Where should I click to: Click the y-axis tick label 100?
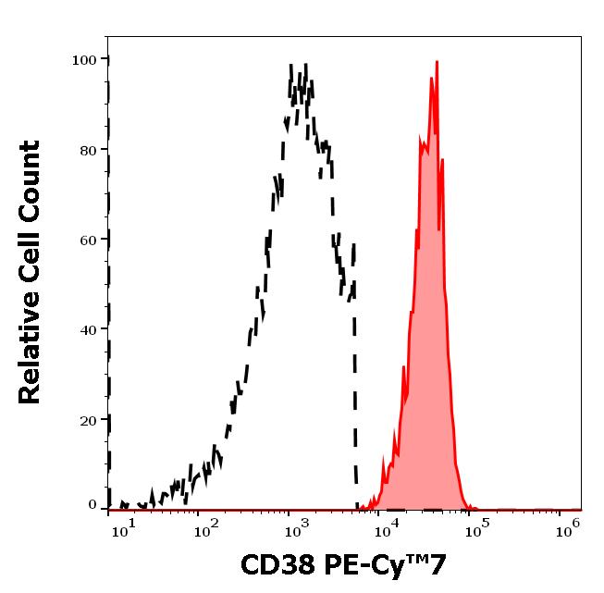coord(84,60)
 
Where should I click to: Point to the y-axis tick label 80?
coord(88,150)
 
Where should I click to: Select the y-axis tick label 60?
coord(88,240)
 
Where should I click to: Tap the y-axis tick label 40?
coord(88,329)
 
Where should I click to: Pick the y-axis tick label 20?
coord(88,420)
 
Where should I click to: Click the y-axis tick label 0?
coord(92,505)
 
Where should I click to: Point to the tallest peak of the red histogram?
coord(437,63)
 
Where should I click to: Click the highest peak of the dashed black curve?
coord(291,67)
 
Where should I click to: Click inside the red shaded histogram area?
coord(427,370)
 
